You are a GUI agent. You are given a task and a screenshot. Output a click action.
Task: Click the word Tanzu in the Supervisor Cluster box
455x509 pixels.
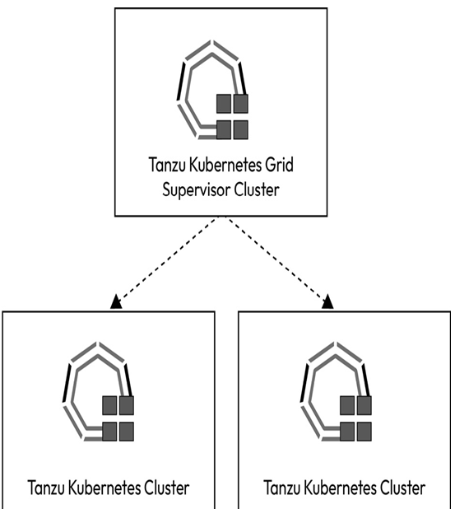[167, 165]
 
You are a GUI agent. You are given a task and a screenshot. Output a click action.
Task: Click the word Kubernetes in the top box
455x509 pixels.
[225, 165]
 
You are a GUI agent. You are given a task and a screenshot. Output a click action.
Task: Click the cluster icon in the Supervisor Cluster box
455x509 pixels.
[213, 90]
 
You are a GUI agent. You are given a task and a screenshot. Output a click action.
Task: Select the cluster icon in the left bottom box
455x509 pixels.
[98, 391]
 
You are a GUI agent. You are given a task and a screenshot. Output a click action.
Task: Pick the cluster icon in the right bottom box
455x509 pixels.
[336, 391]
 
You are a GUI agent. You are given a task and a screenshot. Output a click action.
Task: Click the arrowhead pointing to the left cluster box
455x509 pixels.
[116, 301]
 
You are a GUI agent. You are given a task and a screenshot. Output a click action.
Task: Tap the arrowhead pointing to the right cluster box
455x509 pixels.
[327, 301]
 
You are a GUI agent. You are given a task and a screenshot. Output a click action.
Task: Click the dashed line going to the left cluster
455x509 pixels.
[167, 259]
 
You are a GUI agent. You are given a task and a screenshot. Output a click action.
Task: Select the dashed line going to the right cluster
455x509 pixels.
[276, 259]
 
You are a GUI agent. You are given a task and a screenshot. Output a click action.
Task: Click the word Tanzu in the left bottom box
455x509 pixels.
[46, 488]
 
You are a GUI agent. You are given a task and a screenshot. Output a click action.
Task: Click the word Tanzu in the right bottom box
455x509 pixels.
[281, 488]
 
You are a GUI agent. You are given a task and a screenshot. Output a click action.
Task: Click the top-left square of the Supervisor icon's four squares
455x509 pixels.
[224, 104]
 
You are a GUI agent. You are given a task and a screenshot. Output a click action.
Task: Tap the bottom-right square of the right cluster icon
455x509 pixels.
[364, 432]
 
